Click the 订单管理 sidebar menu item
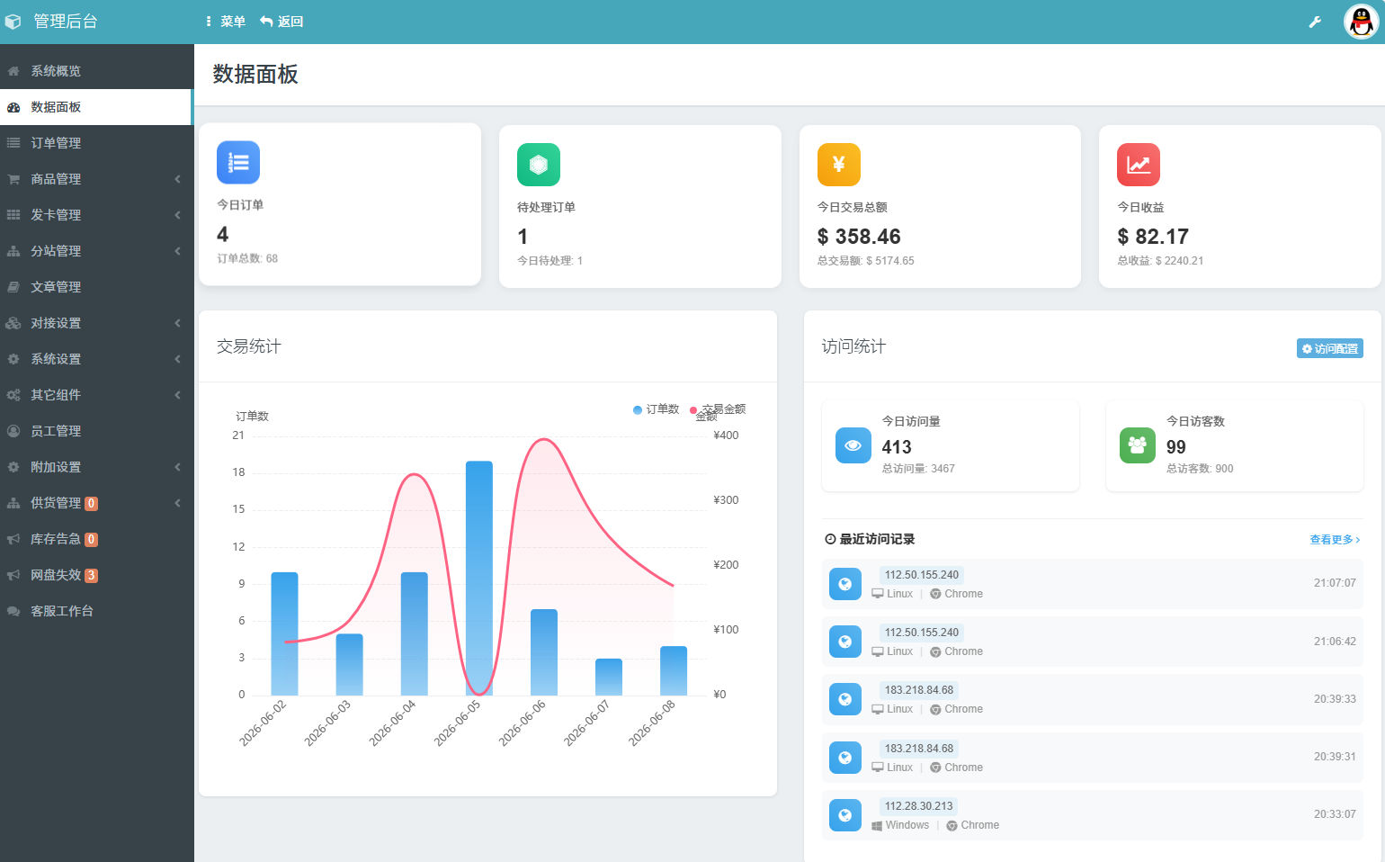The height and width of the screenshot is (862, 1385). (56, 143)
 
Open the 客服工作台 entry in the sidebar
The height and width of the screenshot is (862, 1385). (62, 611)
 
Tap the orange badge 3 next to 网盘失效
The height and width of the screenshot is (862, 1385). (91, 576)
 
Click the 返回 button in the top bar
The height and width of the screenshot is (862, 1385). (281, 22)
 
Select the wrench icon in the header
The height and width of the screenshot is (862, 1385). (1315, 22)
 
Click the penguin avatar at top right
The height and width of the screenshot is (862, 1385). (1361, 22)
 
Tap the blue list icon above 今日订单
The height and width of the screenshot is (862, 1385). (238, 163)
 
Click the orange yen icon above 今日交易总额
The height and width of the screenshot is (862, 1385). (838, 165)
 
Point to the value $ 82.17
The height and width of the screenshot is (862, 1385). (1153, 237)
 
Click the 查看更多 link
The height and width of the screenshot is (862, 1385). (1335, 540)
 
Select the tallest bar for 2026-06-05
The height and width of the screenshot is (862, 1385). (479, 578)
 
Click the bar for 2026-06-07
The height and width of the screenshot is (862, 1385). (608, 677)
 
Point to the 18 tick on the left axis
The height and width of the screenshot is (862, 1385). (238, 472)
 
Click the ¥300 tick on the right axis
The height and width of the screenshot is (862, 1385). (726, 500)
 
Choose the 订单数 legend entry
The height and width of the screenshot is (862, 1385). (656, 409)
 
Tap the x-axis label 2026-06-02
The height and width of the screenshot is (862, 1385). (263, 723)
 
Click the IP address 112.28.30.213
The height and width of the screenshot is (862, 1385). (918, 805)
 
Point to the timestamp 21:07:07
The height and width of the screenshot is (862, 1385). (1335, 583)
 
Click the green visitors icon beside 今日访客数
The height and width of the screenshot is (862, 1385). (1137, 445)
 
